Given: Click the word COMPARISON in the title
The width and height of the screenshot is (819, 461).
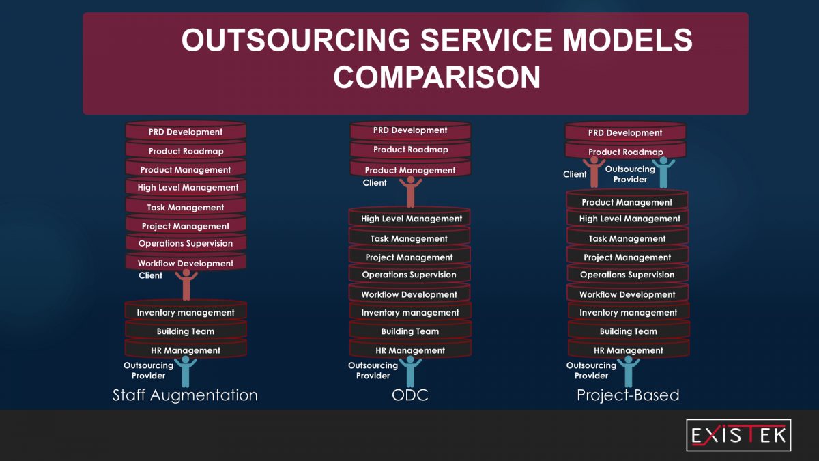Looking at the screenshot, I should tap(437, 76).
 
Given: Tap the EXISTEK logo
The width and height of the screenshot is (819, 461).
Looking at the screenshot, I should tap(738, 436).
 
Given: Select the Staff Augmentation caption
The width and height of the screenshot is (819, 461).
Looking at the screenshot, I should tap(185, 395).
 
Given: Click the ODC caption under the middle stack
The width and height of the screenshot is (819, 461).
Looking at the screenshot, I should tap(410, 395).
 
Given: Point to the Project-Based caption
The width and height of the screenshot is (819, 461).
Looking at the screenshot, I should tap(628, 395).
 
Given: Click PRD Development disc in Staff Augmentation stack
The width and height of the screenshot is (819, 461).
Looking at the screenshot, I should tap(186, 132).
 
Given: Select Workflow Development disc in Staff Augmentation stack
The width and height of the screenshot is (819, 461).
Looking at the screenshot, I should tap(186, 263).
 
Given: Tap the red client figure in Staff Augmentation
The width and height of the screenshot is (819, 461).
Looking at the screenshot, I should tap(186, 283).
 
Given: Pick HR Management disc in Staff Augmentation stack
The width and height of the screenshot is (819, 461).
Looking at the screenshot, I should tap(186, 350).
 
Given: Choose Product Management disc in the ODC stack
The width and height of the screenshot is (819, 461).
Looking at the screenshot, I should tap(410, 170).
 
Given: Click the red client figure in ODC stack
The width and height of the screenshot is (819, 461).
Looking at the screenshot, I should tap(410, 191).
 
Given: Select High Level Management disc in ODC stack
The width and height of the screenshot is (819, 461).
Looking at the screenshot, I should tap(411, 219).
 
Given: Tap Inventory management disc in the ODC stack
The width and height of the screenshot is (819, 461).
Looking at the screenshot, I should tap(410, 312).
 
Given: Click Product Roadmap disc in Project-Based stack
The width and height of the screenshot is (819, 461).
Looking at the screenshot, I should tap(626, 152).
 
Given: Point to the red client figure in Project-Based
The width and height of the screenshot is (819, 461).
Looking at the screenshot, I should tap(594, 172).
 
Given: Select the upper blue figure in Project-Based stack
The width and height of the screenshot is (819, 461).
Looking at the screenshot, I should tap(663, 172).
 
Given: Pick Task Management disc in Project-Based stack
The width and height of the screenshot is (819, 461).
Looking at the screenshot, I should tap(627, 238).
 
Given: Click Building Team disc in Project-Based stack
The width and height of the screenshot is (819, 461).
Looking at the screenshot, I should tap(628, 331).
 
